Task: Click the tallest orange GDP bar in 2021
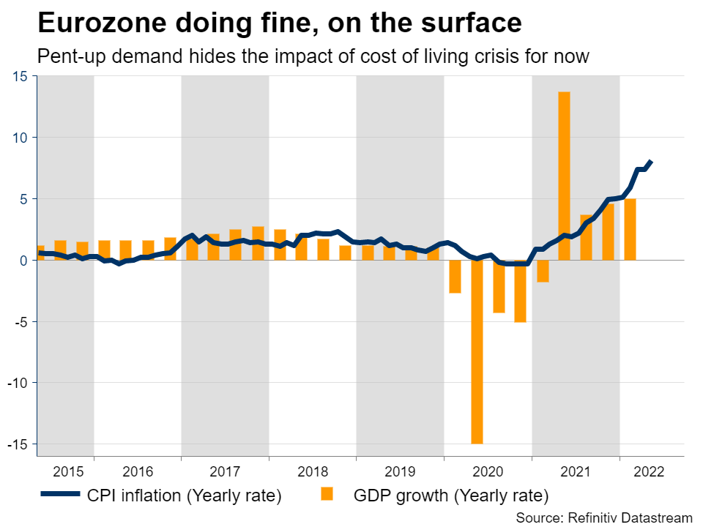click(564, 176)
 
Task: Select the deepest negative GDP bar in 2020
click(477, 351)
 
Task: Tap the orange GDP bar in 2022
click(630, 229)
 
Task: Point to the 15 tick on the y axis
click(20, 76)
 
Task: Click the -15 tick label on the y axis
click(17, 444)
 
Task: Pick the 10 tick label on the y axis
click(20, 138)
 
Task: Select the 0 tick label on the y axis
click(23, 260)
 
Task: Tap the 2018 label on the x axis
click(313, 471)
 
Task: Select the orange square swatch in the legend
click(327, 495)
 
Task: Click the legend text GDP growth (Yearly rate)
click(450, 496)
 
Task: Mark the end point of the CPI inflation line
click(652, 162)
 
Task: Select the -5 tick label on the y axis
click(21, 321)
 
